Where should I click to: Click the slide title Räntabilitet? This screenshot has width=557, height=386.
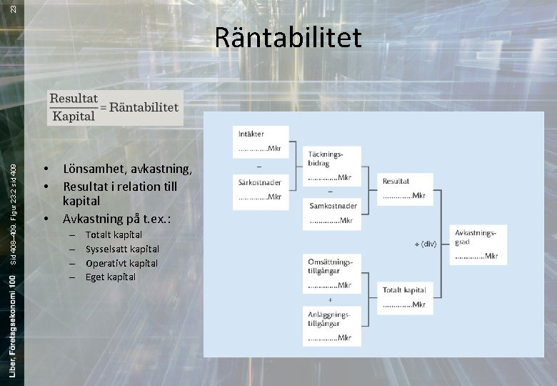[x=288, y=38]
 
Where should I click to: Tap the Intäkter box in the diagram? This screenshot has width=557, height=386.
[x=261, y=142]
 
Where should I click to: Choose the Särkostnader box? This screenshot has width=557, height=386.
[x=261, y=189]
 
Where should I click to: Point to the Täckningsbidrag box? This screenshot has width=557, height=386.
[x=332, y=166]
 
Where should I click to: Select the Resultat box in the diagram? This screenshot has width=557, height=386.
[x=404, y=188]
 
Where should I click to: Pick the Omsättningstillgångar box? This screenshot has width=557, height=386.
[x=331, y=273]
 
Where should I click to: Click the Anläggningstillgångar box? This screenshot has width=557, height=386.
[x=331, y=325]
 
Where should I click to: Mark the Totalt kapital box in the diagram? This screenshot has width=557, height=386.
[x=404, y=297]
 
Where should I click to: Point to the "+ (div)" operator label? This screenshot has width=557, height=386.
[x=424, y=244]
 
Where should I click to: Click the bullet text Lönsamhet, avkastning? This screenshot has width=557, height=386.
[x=127, y=169]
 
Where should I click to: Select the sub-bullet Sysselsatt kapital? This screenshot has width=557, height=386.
[x=122, y=249]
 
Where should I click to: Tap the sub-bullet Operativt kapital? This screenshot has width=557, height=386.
[x=121, y=263]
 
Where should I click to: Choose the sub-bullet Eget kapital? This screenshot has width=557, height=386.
[x=110, y=277]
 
